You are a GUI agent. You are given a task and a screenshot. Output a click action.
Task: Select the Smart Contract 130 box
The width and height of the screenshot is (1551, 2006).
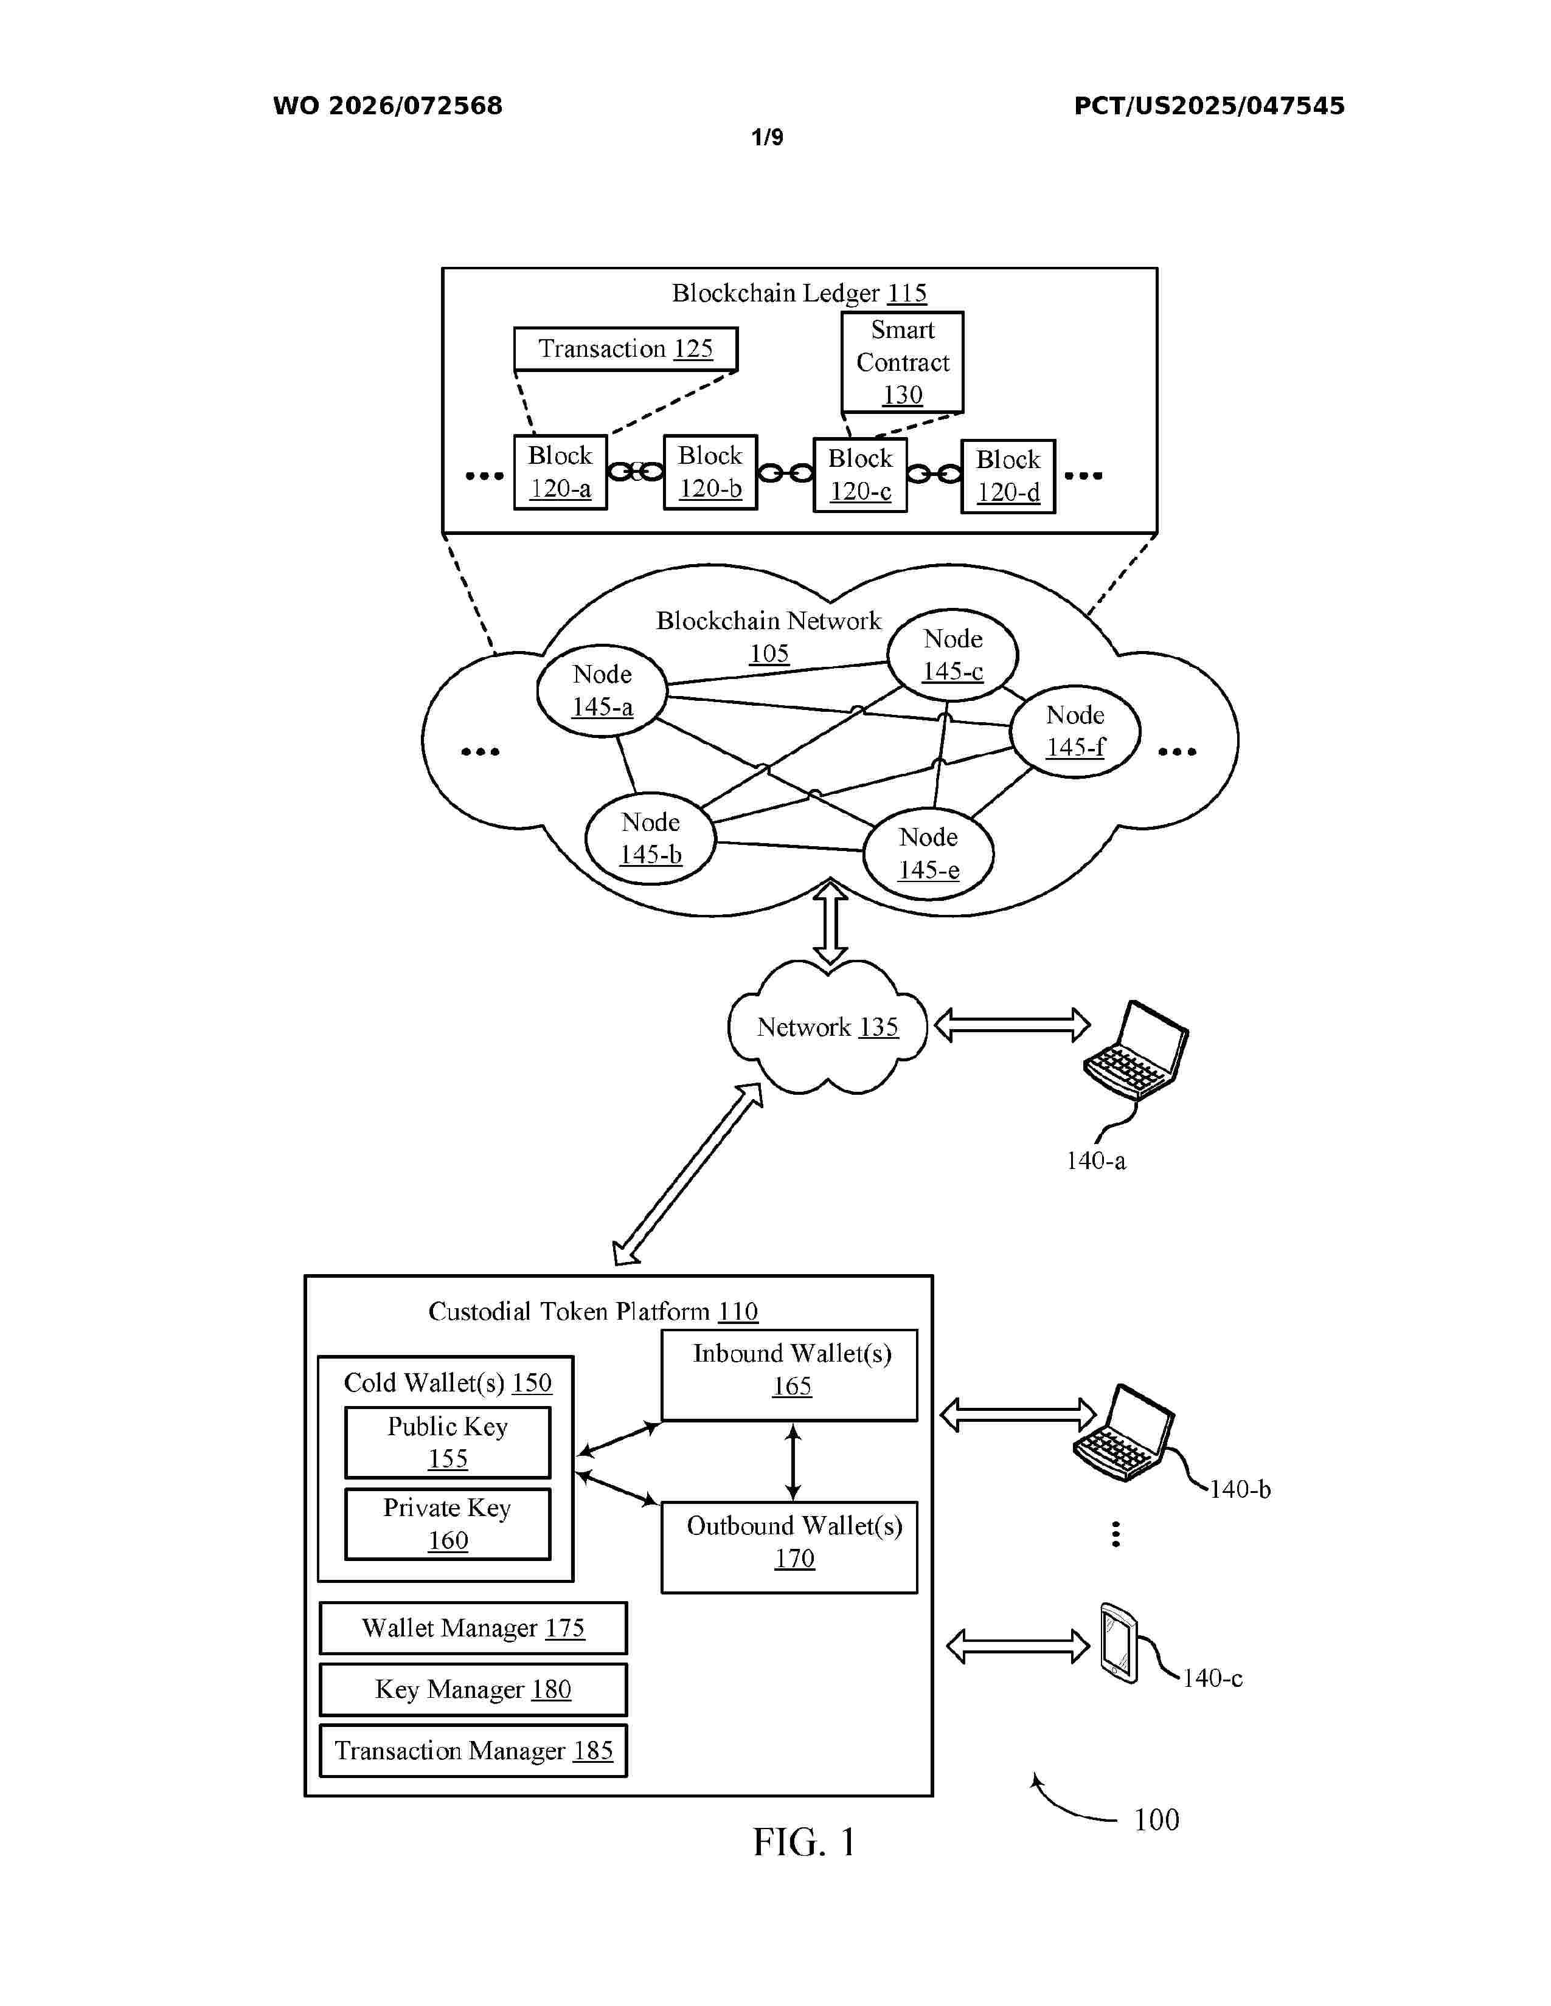pyautogui.click(x=902, y=362)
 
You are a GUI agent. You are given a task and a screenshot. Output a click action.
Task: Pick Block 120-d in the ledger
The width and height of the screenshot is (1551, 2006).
pyautogui.click(x=1008, y=476)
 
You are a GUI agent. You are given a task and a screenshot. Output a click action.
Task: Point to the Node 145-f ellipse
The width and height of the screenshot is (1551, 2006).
pyautogui.click(x=1075, y=731)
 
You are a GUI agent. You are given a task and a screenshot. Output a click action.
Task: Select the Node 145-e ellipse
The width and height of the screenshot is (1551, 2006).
pyautogui.click(x=929, y=853)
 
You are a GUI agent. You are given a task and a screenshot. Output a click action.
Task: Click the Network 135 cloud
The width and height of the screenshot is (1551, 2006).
pyautogui.click(x=827, y=1027)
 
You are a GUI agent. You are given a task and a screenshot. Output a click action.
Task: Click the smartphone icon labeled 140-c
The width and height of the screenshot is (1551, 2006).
pyautogui.click(x=1118, y=1643)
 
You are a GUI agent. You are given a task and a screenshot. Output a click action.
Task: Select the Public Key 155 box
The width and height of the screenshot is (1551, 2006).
pyautogui.click(x=448, y=1442)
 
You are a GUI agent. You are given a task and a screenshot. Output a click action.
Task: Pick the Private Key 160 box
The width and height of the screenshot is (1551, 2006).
pyautogui.click(x=448, y=1524)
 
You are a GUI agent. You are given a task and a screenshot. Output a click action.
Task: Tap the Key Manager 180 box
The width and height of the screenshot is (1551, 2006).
pyautogui.click(x=473, y=1689)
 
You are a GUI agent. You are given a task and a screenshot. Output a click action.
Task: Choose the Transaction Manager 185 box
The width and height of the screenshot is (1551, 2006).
pyautogui.click(x=473, y=1751)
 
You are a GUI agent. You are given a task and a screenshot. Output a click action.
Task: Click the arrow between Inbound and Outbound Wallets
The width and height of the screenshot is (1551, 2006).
pyautogui.click(x=794, y=1461)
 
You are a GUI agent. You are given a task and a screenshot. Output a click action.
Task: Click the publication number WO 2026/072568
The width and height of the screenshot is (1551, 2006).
pyautogui.click(x=388, y=106)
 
